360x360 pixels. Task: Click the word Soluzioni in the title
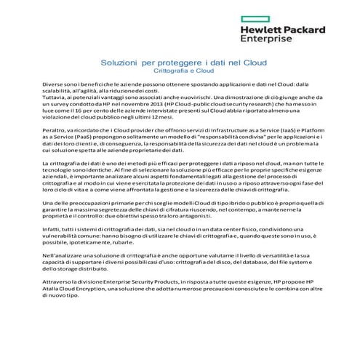[x=119, y=64]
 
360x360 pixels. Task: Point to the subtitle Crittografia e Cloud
[x=180, y=71]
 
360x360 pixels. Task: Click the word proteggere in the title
[x=177, y=64]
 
